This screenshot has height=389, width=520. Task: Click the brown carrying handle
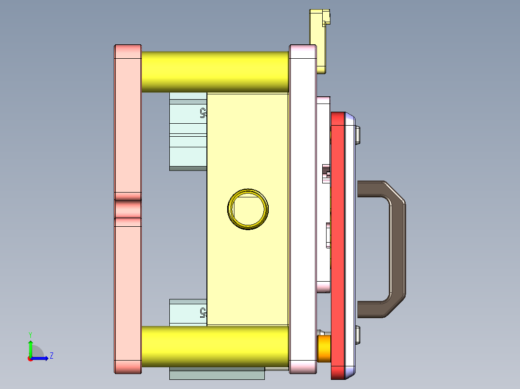point(397,249)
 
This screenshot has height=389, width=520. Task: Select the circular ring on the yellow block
point(248,209)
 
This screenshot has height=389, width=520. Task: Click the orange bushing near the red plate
point(324,349)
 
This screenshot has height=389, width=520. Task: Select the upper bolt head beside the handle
point(358,135)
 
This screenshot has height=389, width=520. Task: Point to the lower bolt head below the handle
point(358,335)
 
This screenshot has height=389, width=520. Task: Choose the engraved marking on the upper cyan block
point(203,113)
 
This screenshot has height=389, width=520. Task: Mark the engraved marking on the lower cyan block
point(203,313)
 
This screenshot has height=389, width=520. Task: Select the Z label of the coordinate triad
point(51,356)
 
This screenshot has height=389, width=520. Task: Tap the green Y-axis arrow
point(30,348)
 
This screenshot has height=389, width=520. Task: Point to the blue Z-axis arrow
point(41,358)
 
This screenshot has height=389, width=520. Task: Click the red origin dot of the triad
point(30,358)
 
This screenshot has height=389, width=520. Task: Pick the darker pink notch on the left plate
point(128,209)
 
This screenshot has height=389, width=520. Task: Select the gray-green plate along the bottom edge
point(217,374)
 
